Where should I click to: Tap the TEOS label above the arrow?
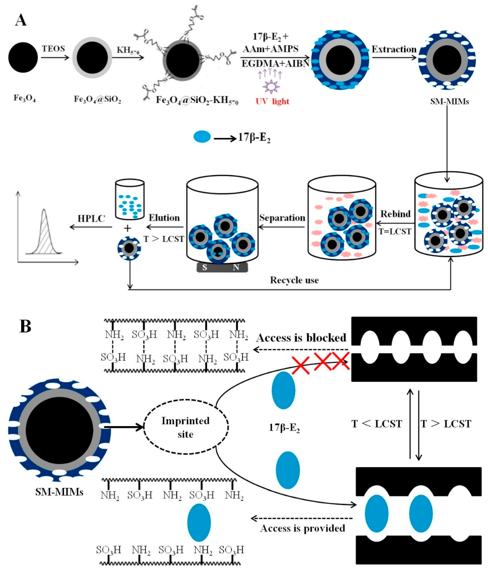pyautogui.click(x=53, y=49)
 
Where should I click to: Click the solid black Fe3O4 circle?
pyautogui.click(x=23, y=57)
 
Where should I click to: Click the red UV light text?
pyautogui.click(x=272, y=102)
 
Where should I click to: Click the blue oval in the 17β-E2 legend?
pyautogui.click(x=202, y=137)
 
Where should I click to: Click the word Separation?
pyautogui.click(x=282, y=218)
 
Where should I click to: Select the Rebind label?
pyautogui.click(x=395, y=214)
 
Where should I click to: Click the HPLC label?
pyautogui.click(x=91, y=219)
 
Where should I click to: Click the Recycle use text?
pyautogui.click(x=294, y=280)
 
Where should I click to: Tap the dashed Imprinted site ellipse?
pyautogui.click(x=186, y=427)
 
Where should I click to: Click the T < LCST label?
pyautogui.click(x=377, y=424)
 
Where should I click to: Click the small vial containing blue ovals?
pyautogui.click(x=130, y=200)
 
